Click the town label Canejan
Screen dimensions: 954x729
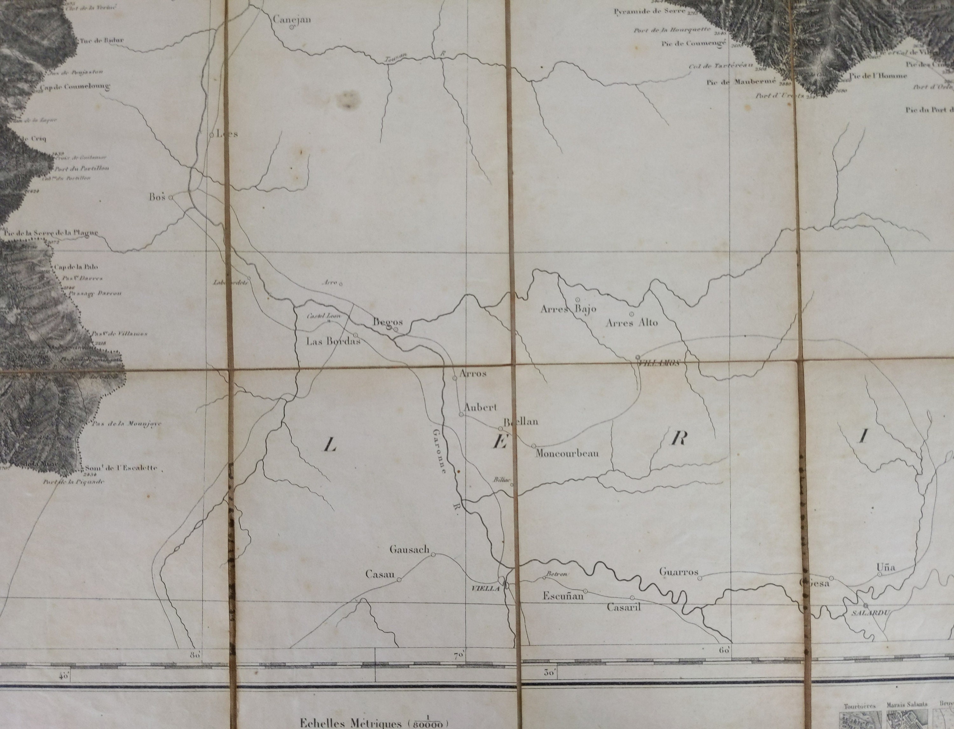pos(292,19)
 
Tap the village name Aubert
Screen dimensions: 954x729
pos(480,407)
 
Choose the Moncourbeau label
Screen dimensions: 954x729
pos(567,454)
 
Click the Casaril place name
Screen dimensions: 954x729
pos(624,607)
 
